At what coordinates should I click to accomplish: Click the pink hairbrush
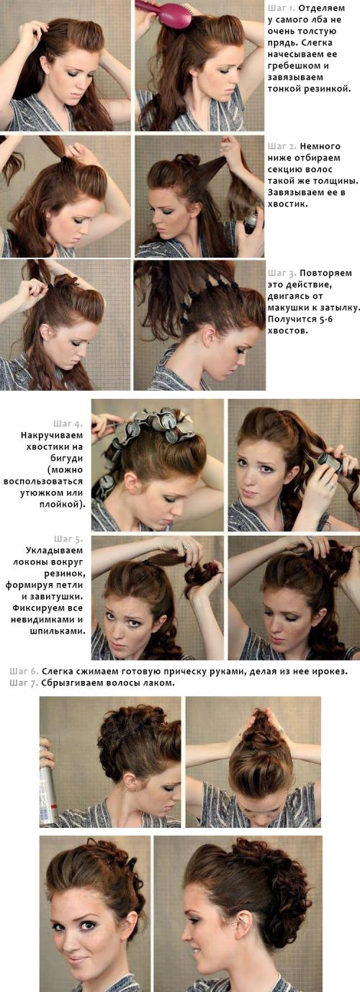pyautogui.click(x=166, y=12)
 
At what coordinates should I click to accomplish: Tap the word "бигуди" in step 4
pyautogui.click(x=68, y=458)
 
